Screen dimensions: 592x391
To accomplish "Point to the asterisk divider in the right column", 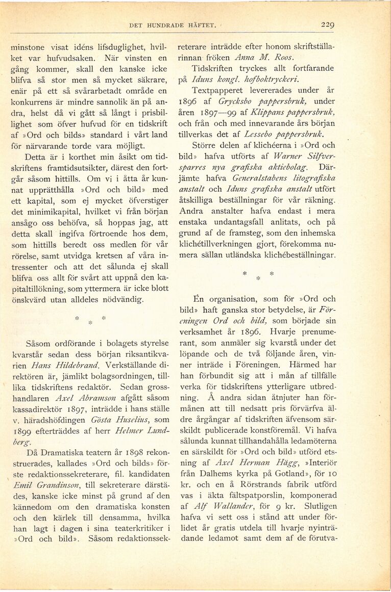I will click(x=257, y=276).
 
